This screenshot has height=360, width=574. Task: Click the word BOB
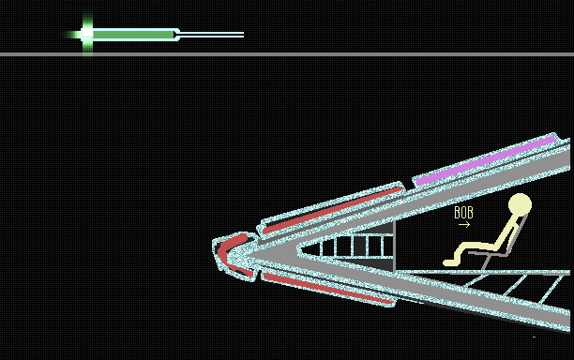pos(463,213)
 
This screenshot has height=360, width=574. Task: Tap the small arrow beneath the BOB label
pos(464,225)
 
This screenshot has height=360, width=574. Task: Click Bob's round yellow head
pos(520,204)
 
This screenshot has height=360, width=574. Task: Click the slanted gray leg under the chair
pos(486,262)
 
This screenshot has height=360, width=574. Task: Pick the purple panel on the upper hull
pos(486,160)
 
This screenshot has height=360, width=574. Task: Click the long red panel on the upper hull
pos(333,210)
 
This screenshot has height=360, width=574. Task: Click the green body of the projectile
pos(133,35)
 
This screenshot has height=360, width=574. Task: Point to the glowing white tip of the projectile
pos(87,34)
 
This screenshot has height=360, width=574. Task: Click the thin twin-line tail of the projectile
pos(212,35)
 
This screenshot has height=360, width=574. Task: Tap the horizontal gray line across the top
pos(287,54)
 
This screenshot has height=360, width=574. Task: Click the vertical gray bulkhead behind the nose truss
pos(394,247)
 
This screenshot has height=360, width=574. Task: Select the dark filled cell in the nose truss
pos(359,246)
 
